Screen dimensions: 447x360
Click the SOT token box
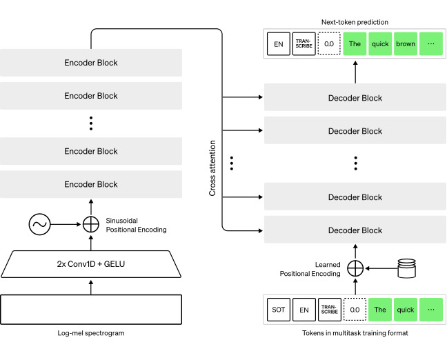279,310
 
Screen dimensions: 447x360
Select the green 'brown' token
406,43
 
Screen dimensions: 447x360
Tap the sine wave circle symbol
39,224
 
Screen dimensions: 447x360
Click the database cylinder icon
406,268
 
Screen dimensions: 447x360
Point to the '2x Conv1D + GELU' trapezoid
91,264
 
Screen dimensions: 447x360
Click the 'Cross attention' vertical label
212,168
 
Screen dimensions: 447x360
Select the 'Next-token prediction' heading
355,22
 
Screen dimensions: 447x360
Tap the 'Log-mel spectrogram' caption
91,333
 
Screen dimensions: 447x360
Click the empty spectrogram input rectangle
91,310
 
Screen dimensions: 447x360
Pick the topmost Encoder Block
91,63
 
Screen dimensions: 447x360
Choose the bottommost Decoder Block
355,230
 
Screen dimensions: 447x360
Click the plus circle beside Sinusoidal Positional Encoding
91,224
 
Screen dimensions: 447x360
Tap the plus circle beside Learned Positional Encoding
355,268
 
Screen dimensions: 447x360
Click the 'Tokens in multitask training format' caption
355,333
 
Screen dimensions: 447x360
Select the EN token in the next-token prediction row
279,43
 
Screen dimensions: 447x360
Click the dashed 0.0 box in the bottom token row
355,310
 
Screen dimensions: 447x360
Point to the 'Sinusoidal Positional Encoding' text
137,225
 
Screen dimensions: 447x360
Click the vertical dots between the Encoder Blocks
91,123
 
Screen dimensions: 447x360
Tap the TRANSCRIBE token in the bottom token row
329,310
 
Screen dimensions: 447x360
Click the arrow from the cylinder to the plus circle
381,268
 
